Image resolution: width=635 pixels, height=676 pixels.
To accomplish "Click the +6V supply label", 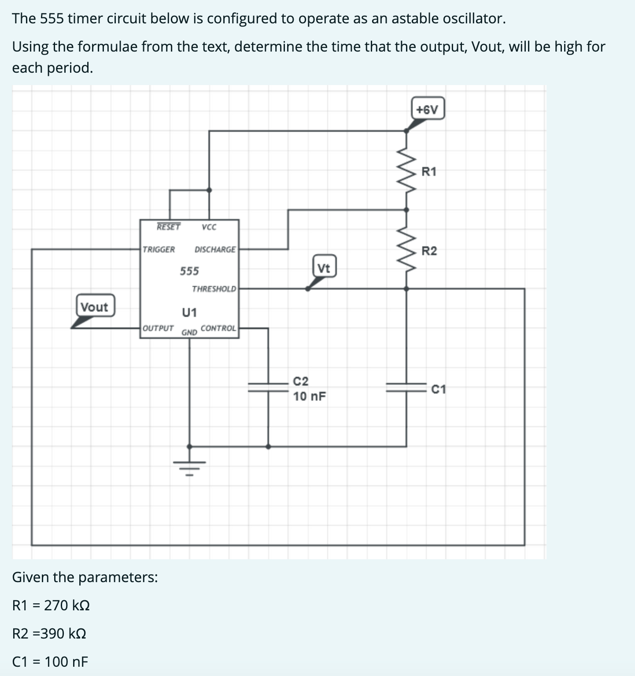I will (x=428, y=109).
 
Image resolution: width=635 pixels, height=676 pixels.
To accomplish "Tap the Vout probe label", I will (x=95, y=306).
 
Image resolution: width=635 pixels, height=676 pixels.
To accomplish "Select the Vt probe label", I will (x=324, y=267).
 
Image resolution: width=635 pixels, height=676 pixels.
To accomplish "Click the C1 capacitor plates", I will (x=406, y=387).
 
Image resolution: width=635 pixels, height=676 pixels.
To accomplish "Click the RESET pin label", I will (x=168, y=227).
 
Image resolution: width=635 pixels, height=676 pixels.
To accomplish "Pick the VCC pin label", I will (x=209, y=227).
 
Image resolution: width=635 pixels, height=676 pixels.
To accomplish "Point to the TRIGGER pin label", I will (x=159, y=249).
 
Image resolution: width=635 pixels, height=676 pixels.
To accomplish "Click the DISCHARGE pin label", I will (x=215, y=249).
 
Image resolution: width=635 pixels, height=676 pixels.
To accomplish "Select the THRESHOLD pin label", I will (x=214, y=289).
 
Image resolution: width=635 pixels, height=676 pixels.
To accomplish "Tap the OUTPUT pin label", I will (x=158, y=328).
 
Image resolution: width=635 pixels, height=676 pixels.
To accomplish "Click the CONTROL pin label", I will (x=218, y=328).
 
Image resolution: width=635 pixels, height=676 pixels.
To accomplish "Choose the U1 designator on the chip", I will (x=189, y=312).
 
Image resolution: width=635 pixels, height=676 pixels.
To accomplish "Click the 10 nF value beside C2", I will (x=310, y=397).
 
